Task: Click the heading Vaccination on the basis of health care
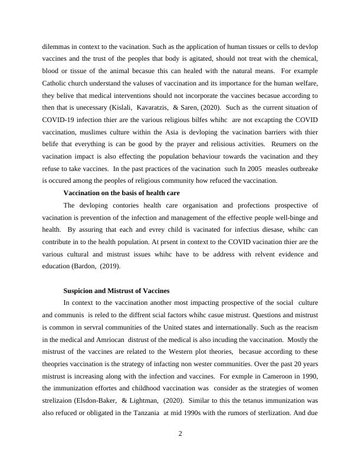pyautogui.click(x=122, y=193)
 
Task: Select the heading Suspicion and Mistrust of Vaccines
pyautogui.click(x=116, y=291)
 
